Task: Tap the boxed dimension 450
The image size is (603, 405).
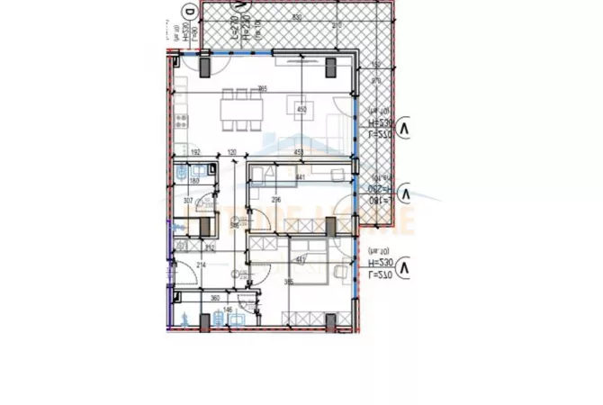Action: (301, 111)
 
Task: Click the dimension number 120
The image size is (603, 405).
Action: (231, 153)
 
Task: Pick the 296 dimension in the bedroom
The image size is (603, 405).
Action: (276, 200)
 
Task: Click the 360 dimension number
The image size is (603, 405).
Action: (215, 298)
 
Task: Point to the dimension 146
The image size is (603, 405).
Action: (228, 310)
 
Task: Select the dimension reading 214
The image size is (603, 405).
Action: (201, 265)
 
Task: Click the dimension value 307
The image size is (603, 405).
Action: (189, 200)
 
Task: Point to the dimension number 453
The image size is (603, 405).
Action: (297, 153)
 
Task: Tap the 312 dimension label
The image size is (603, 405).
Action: (209, 247)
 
